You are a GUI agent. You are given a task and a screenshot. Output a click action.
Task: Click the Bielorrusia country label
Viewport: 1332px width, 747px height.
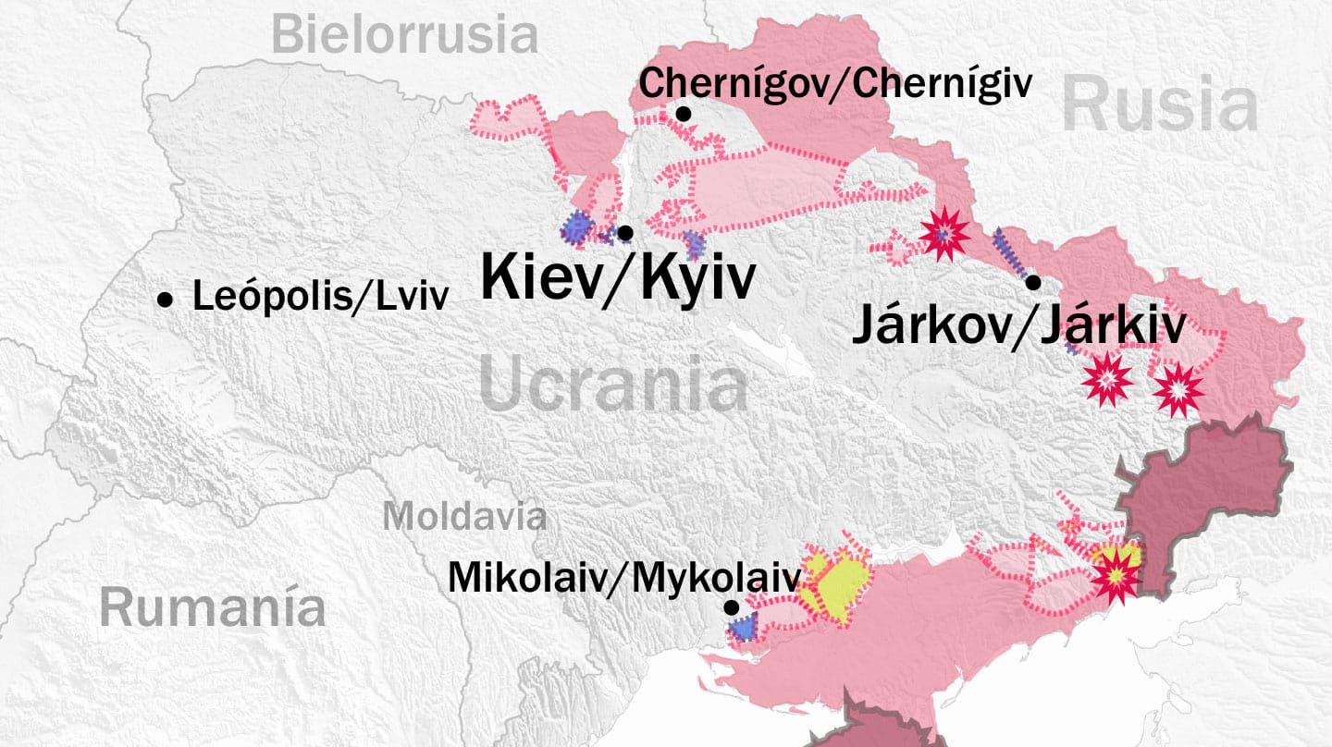pyautogui.click(x=405, y=35)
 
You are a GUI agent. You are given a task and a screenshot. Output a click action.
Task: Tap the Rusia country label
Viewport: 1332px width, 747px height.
pyautogui.click(x=1160, y=105)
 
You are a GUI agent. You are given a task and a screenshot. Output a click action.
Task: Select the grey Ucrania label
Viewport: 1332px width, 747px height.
pyautogui.click(x=614, y=386)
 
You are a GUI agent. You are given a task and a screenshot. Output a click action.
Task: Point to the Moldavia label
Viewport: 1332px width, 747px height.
pyautogui.click(x=464, y=516)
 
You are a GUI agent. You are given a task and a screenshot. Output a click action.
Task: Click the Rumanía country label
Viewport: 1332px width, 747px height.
pyautogui.click(x=213, y=608)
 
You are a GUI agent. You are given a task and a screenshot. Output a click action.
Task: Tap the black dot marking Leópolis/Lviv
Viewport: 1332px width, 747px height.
pyautogui.click(x=166, y=300)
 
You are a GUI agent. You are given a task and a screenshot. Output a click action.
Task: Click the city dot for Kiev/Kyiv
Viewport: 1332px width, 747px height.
pyautogui.click(x=625, y=232)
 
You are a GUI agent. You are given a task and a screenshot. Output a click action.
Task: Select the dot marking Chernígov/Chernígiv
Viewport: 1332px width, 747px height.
pyautogui.click(x=684, y=114)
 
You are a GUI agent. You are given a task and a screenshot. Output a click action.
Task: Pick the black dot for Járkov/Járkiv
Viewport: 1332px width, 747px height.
pyautogui.click(x=1033, y=282)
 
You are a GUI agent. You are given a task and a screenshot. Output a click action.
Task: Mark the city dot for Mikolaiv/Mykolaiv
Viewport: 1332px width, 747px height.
pyautogui.click(x=731, y=607)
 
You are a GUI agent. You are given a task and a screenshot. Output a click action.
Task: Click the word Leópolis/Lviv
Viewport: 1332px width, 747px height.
pyautogui.click(x=320, y=297)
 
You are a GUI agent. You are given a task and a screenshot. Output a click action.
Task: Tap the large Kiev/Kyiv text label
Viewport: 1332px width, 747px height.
pyautogui.click(x=618, y=278)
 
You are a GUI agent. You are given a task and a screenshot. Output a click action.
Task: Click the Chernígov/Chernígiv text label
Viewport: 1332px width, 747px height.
pyautogui.click(x=835, y=84)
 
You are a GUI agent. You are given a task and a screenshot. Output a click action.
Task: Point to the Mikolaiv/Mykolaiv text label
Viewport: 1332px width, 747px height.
pyautogui.click(x=623, y=578)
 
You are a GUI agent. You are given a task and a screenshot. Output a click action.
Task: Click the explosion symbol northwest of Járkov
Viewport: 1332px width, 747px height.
pyautogui.click(x=944, y=234)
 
